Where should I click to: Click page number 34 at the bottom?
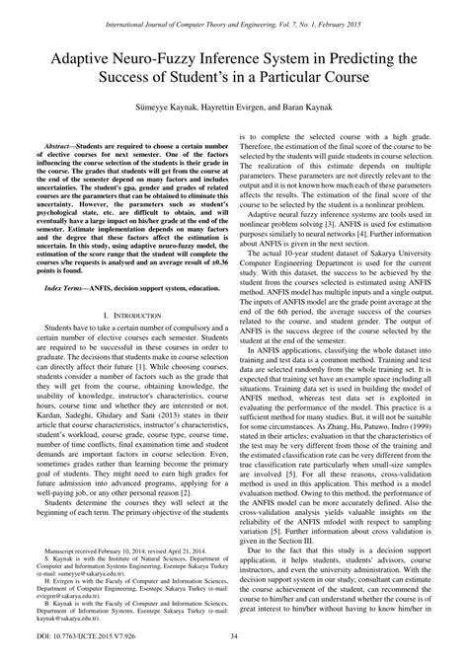[x=234, y=647]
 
